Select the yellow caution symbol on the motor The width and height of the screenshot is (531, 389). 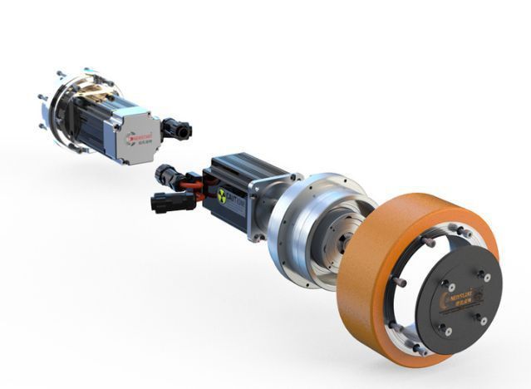(222, 196)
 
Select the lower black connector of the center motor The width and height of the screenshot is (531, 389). (164, 202)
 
